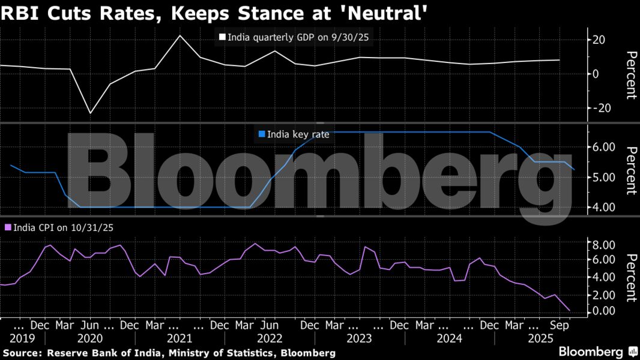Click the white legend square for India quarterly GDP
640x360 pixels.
tap(222, 37)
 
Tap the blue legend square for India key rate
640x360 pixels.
tap(262, 134)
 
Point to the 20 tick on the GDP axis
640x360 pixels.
tap(599, 40)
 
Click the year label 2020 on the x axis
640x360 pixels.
tap(89, 338)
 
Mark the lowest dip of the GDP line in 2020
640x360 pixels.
tap(91, 113)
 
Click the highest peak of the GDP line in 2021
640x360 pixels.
tap(180, 35)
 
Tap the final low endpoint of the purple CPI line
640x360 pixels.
tap(569, 310)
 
